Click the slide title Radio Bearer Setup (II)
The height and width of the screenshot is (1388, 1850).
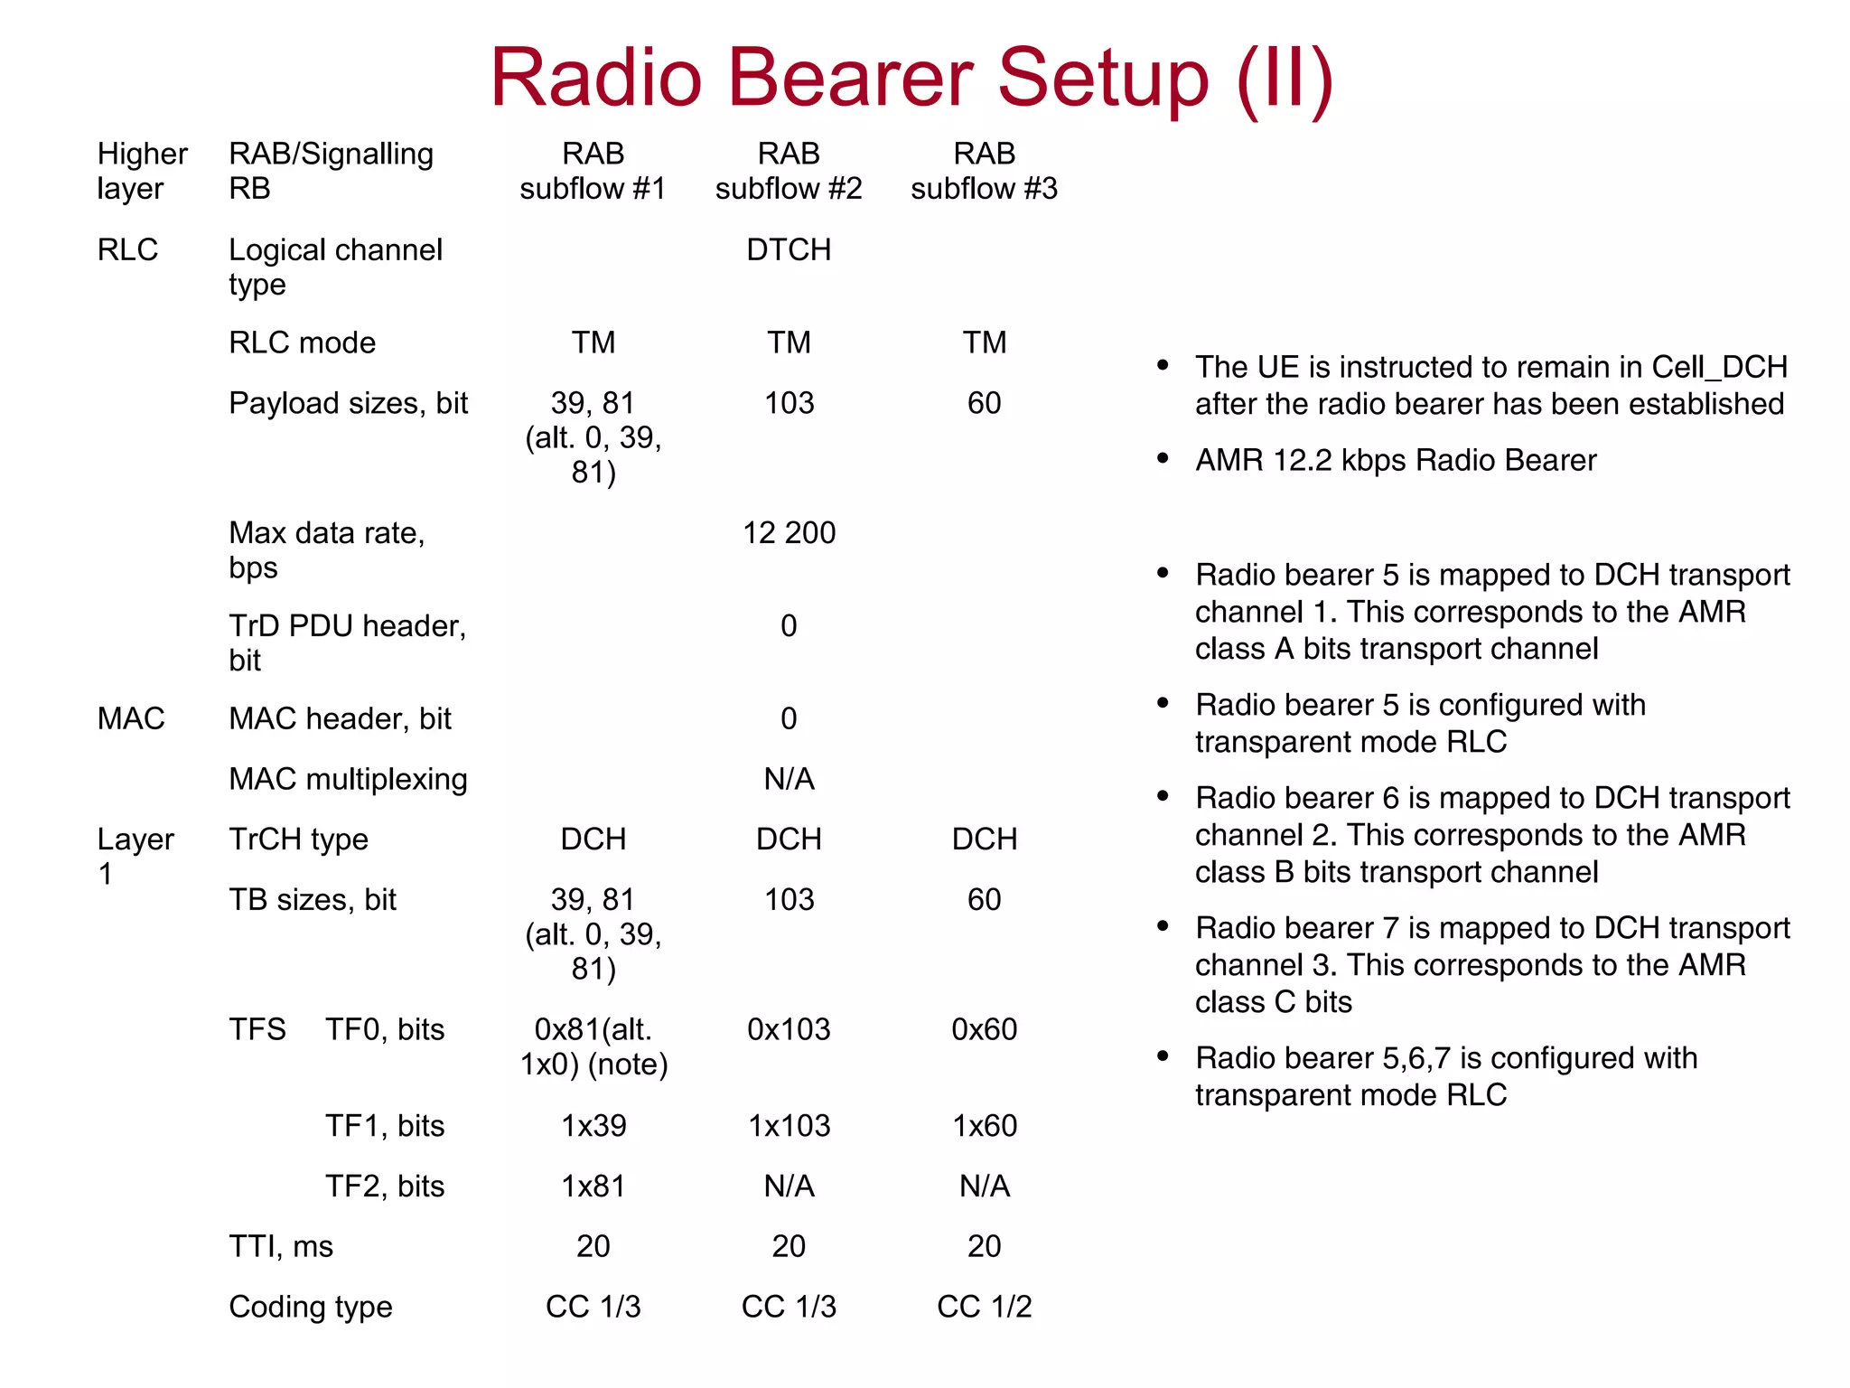[911, 79]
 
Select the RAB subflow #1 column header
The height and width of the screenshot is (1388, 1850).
[593, 171]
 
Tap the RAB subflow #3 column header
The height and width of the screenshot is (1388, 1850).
[984, 171]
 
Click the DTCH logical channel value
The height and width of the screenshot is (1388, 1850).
[789, 249]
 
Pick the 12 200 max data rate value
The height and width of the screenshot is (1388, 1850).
[789, 533]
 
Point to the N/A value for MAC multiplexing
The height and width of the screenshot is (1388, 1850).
[789, 779]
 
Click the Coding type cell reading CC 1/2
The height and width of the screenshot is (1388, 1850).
[984, 1307]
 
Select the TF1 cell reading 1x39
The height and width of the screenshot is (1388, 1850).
[593, 1126]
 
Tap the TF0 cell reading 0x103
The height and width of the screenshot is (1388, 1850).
[789, 1029]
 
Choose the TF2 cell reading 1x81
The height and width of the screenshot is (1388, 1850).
[593, 1186]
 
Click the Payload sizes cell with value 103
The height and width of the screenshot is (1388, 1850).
[789, 403]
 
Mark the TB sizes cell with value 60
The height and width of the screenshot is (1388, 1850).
[984, 900]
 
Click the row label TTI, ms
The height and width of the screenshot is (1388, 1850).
[281, 1247]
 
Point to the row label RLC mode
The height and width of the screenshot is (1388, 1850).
[302, 343]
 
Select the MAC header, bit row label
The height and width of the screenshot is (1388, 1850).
[340, 719]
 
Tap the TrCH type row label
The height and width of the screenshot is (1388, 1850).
[298, 839]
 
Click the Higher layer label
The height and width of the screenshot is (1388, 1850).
[142, 171]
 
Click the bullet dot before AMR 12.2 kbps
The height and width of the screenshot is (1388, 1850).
[1163, 458]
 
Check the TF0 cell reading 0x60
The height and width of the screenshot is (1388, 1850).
[984, 1029]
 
